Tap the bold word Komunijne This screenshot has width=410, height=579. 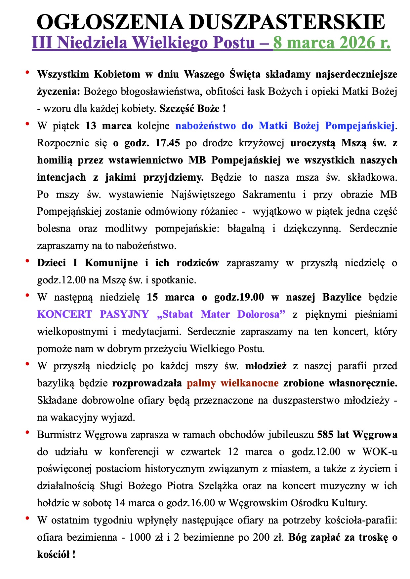(x=111, y=263)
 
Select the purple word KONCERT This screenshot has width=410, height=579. (x=64, y=314)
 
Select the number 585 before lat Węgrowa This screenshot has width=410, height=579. (x=325, y=435)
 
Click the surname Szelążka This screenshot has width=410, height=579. (x=218, y=486)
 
